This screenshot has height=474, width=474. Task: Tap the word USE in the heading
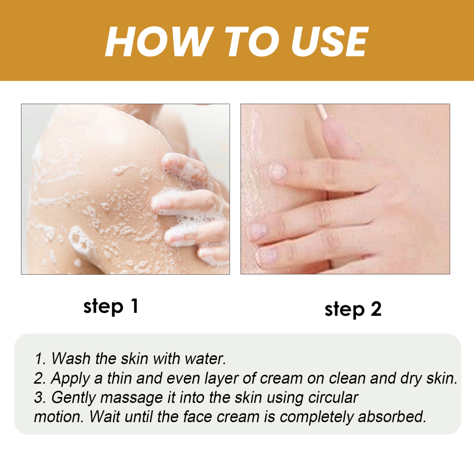[x=329, y=42]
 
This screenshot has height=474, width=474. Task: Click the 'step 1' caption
[x=111, y=307]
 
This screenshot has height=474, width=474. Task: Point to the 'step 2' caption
[x=353, y=309]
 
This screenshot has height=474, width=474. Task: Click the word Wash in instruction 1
[x=71, y=358]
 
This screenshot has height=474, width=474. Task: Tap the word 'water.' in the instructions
[x=205, y=358]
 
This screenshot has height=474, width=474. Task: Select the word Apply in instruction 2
[x=70, y=378]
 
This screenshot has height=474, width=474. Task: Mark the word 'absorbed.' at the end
[x=392, y=417]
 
